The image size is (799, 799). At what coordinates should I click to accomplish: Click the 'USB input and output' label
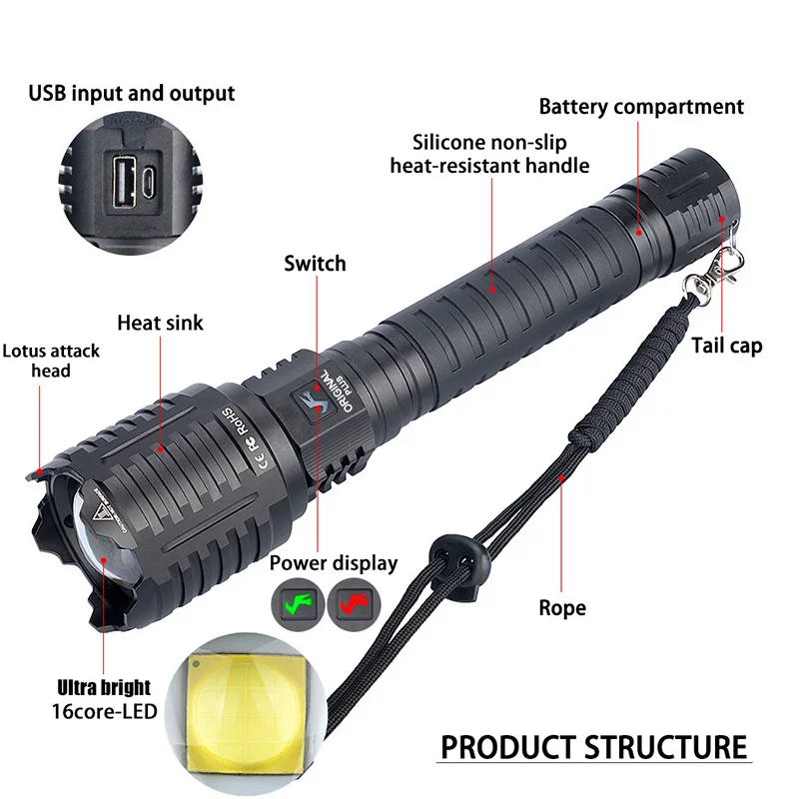(131, 94)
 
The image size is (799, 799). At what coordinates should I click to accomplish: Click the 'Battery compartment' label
(641, 107)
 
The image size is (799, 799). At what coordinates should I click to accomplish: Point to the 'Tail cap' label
(727, 346)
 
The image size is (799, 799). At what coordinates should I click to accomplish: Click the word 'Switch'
(315, 264)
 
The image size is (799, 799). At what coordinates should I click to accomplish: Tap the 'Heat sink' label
(160, 323)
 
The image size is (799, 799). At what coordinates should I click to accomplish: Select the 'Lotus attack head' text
(51, 361)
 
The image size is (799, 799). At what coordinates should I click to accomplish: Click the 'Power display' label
(334, 563)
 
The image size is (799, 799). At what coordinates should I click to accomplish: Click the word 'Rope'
(562, 607)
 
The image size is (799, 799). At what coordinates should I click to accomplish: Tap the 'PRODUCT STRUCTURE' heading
(594, 747)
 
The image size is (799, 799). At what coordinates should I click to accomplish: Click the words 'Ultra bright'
(104, 687)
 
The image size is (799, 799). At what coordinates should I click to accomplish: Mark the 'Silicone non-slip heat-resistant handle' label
(489, 154)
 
